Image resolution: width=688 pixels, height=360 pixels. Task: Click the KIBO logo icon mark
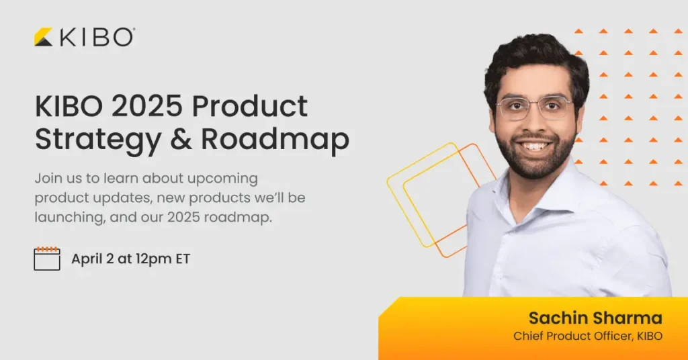(x=44, y=37)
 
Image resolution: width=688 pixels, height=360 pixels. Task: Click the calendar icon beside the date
(x=47, y=259)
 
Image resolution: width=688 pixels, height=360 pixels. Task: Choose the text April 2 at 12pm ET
(x=130, y=259)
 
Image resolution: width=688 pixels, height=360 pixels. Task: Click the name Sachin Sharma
(x=595, y=318)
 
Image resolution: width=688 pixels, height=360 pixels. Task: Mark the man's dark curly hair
(x=534, y=57)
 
